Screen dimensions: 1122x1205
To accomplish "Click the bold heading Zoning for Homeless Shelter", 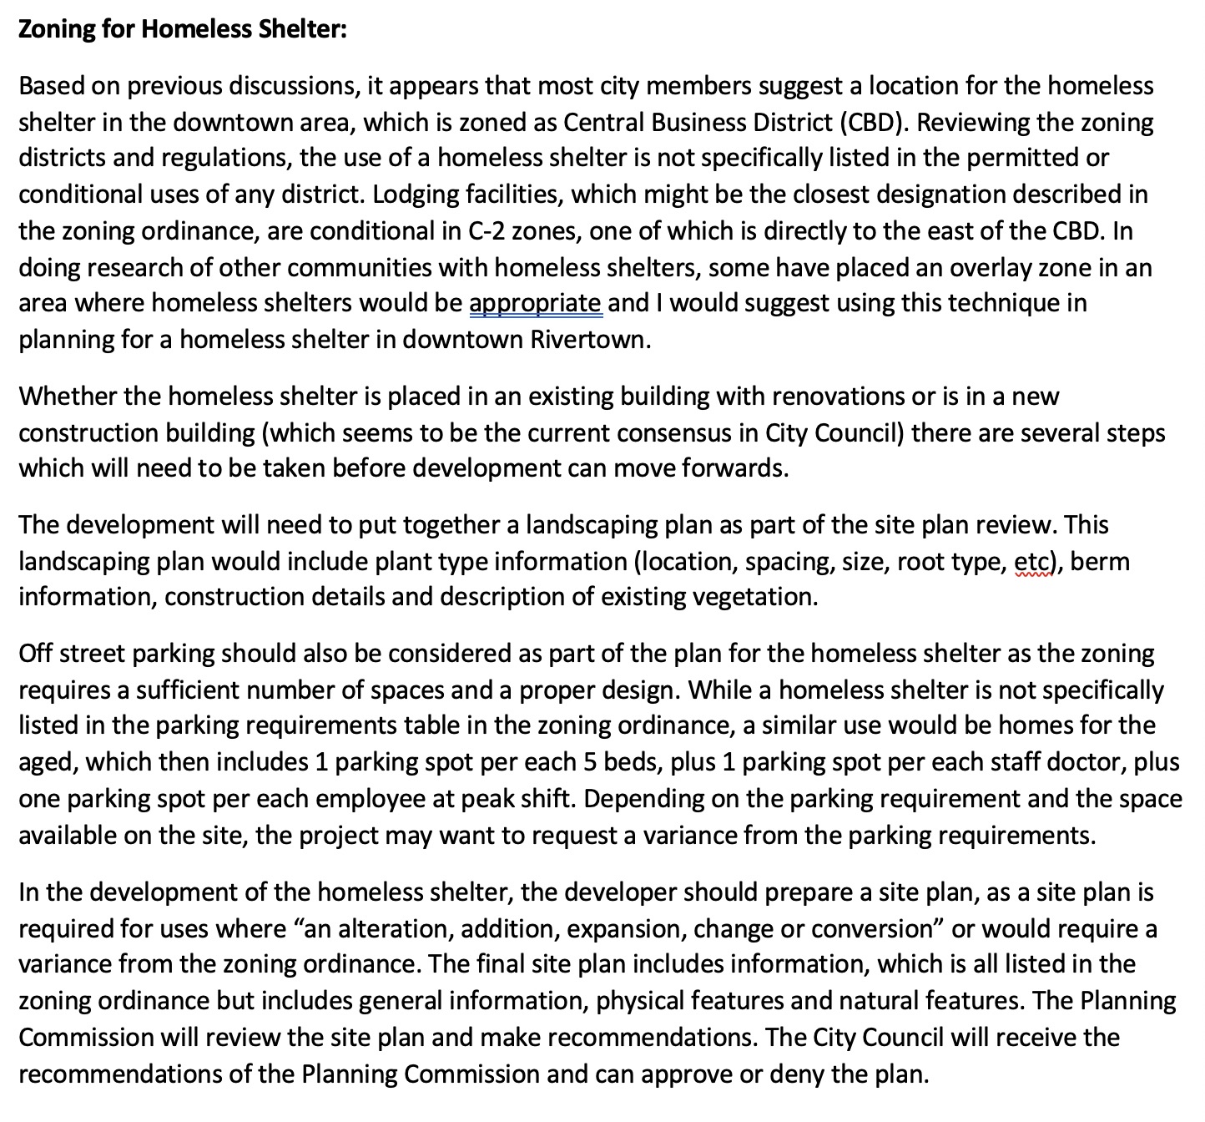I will point(182,29).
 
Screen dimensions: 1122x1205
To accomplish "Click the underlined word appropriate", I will point(535,302).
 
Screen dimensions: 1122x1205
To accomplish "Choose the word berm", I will point(1100,561).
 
